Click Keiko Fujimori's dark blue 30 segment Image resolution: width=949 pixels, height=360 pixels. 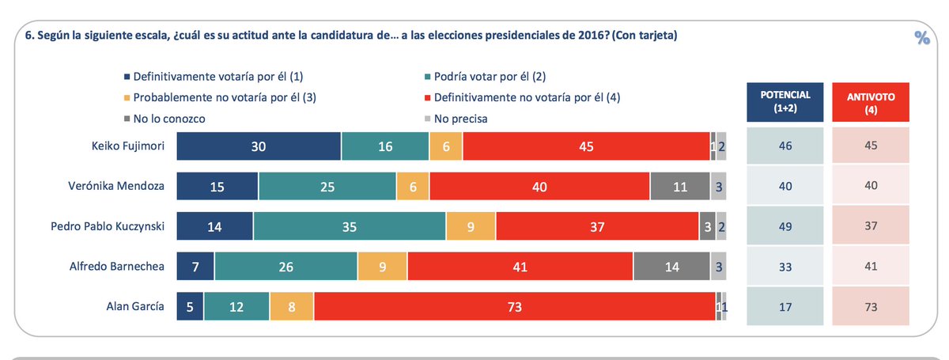click(259, 146)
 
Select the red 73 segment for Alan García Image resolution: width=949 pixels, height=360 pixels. click(514, 306)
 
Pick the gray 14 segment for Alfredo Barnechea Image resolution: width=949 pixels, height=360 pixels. click(671, 267)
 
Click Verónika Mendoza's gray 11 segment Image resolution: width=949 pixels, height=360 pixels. click(680, 187)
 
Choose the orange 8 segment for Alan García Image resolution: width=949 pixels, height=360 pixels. click(291, 306)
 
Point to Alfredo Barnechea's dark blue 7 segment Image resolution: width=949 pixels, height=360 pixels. click(195, 267)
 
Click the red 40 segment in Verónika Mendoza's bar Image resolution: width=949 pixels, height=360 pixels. click(539, 187)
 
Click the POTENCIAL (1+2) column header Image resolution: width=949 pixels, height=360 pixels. click(784, 102)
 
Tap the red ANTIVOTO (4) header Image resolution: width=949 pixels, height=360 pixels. click(870, 102)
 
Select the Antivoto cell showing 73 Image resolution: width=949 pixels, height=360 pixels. click(870, 306)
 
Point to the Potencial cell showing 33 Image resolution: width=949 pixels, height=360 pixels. click(784, 267)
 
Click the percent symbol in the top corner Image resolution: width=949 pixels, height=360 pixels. click(921, 37)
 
